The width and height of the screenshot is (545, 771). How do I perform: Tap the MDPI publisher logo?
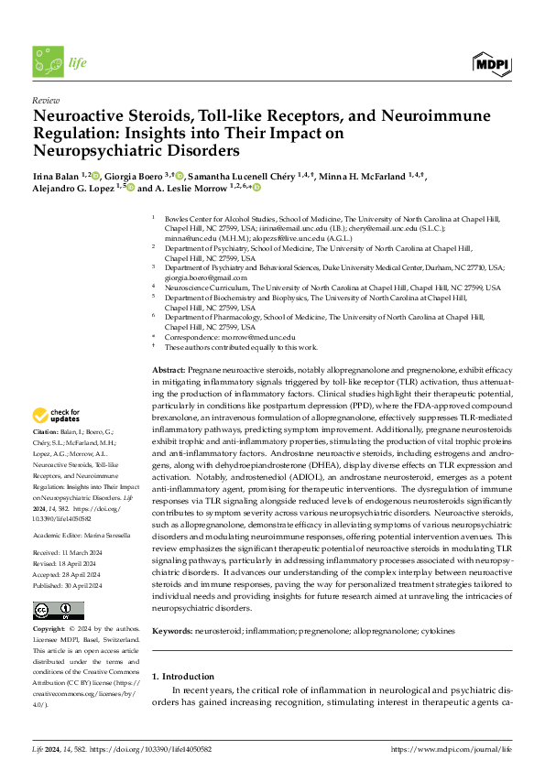tap(491, 63)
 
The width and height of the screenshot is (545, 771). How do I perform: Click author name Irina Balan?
tap(54, 176)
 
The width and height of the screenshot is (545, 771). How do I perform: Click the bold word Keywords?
tap(171, 632)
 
